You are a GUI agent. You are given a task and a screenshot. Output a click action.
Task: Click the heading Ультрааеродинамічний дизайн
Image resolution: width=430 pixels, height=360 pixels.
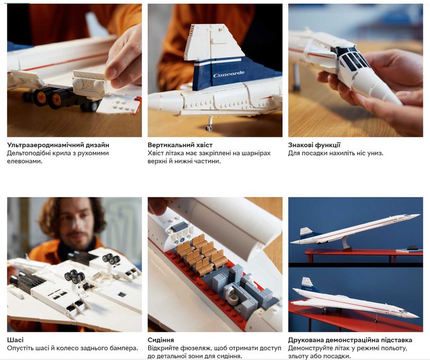[58, 145]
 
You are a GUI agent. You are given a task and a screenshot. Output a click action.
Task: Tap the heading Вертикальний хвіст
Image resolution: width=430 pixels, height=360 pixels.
[180, 145]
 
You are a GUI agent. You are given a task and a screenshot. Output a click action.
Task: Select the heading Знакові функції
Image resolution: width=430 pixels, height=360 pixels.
[314, 145]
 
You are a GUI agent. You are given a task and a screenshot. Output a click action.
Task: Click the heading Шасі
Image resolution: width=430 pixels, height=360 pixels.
[15, 340]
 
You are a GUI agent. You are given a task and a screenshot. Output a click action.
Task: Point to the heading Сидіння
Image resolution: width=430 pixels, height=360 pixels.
[160, 340]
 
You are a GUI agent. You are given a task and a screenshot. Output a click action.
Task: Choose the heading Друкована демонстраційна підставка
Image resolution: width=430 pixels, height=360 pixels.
[350, 340]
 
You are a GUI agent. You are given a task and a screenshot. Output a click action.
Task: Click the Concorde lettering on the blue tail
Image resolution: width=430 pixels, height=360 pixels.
[229, 74]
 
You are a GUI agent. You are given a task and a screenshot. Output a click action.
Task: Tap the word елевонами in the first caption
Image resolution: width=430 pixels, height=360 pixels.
[25, 161]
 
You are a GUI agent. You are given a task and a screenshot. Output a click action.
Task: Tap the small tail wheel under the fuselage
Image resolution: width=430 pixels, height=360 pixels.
[209, 128]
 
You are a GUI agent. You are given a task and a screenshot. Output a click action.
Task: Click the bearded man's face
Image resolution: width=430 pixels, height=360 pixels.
[77, 225]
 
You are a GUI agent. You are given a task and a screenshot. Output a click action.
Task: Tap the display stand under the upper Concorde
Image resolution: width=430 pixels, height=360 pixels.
[346, 243]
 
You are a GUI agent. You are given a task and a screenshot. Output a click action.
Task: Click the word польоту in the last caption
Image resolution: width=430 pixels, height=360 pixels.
[394, 348]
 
